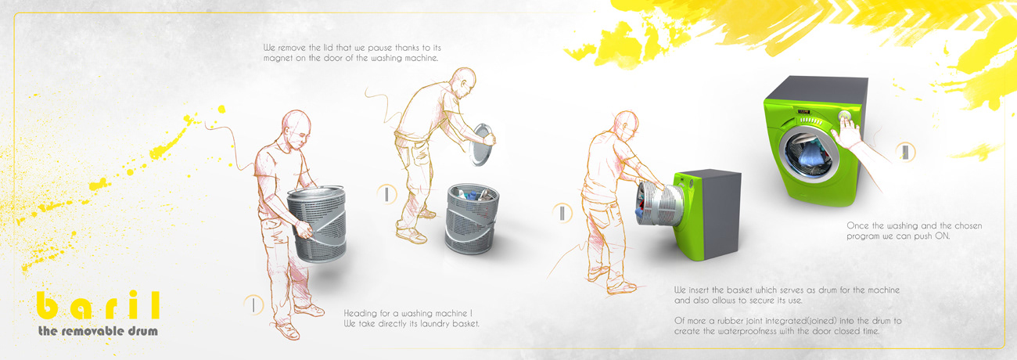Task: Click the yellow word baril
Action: coord(98,305)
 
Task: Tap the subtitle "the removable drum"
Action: coord(98,331)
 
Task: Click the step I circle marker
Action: coord(253,304)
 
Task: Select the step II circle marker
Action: coord(386,194)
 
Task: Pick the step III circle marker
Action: coord(562,212)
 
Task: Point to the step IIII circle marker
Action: coord(906,152)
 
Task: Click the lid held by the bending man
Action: coord(482,144)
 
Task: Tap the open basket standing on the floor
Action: coord(473,218)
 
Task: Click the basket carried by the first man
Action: coord(317,223)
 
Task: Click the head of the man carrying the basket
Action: coord(296,128)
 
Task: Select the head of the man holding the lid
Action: coord(462,83)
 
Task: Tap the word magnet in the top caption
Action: coord(278,58)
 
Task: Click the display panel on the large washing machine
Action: coord(803,111)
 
